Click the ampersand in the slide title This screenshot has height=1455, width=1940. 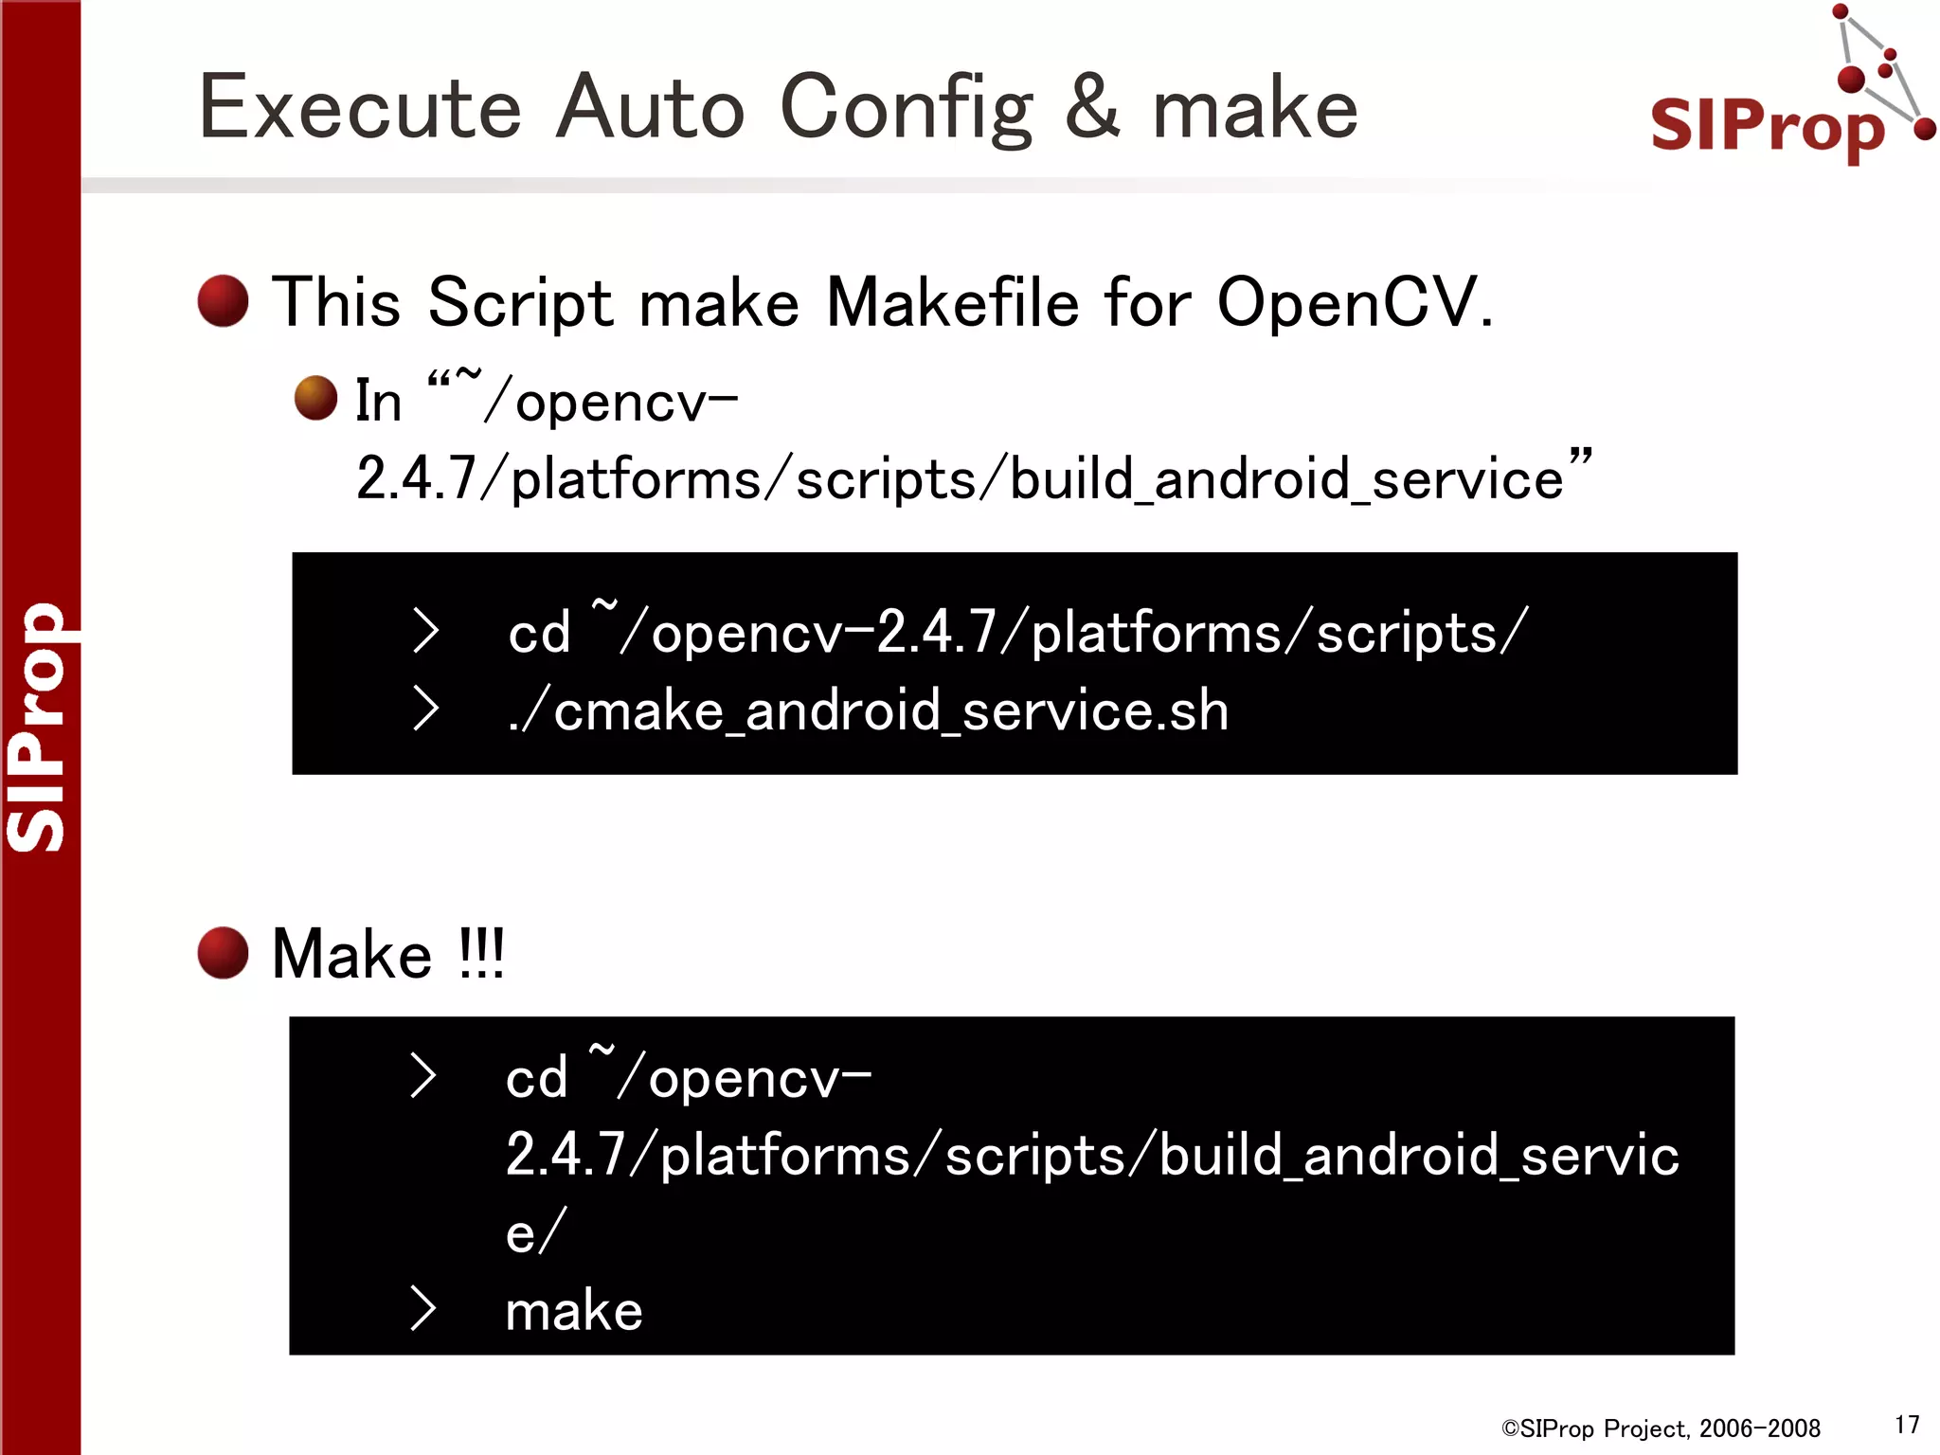1091,108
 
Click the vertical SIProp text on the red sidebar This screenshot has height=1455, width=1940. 38,727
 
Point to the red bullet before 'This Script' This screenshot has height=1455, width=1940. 223,301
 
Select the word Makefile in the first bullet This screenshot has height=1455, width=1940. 952,303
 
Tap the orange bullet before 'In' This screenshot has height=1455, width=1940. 315,398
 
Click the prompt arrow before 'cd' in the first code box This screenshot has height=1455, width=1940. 426,631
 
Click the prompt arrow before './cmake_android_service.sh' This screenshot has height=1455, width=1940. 426,709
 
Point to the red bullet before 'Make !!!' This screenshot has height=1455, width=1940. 223,953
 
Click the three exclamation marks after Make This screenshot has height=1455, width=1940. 481,953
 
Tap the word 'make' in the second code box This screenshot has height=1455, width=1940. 574,1311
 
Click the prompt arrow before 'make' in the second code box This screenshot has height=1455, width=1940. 423,1309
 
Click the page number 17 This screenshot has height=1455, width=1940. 1907,1425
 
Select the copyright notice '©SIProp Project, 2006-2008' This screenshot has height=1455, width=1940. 1661,1428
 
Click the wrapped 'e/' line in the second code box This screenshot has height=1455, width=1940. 535,1233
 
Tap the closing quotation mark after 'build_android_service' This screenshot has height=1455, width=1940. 1580,458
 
